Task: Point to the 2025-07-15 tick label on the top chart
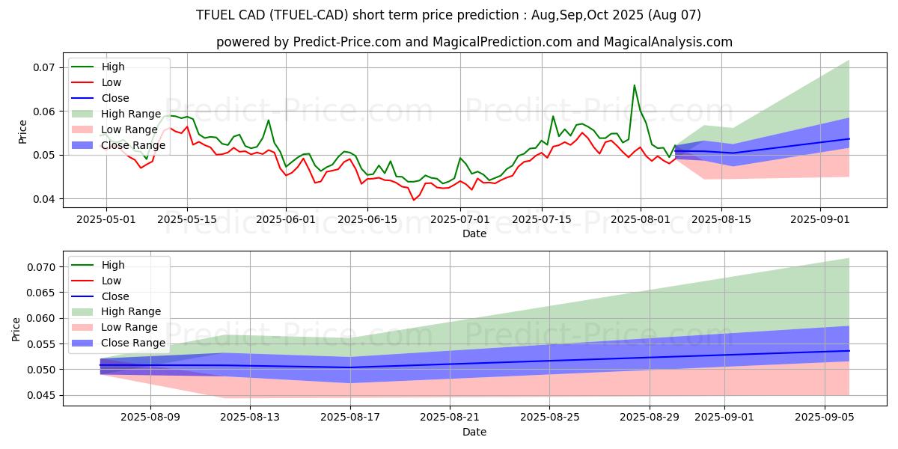pos(544,219)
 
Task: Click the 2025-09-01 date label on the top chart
pos(821,219)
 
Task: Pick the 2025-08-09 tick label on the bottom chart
pos(150,417)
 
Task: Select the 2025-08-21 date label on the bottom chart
pos(450,417)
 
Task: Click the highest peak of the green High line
pos(635,85)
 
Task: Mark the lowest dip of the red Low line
pos(413,200)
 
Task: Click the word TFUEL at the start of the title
pos(213,15)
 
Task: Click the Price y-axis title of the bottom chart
pos(16,329)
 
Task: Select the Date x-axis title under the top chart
pos(474,233)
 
